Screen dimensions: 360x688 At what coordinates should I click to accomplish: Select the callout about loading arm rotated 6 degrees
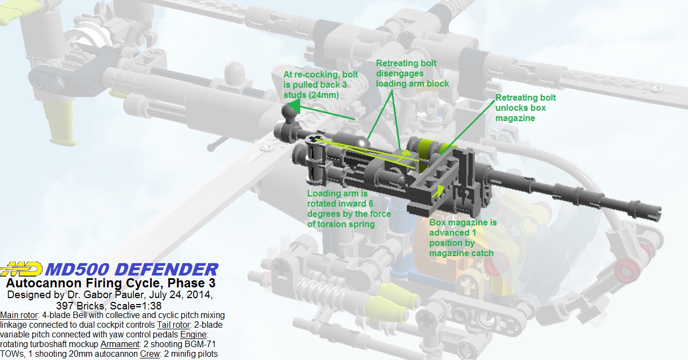[x=349, y=208]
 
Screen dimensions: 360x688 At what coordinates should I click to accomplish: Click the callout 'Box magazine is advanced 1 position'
[x=463, y=237]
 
